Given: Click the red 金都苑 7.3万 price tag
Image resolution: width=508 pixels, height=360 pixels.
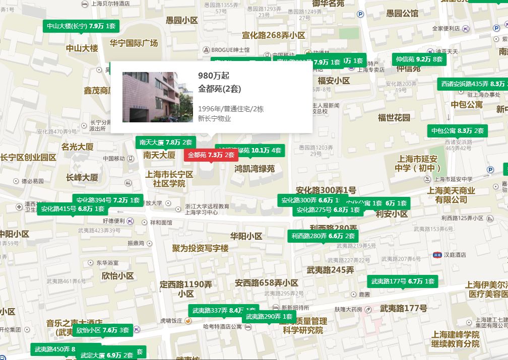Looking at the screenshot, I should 211,155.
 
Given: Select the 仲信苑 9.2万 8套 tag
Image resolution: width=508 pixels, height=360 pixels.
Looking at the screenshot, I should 419,59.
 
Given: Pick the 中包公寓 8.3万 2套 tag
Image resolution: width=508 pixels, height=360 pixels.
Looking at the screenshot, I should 457,131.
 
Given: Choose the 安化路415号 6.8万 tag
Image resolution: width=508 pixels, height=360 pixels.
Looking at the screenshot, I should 73,209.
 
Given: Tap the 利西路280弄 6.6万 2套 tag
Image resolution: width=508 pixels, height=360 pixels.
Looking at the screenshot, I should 323,236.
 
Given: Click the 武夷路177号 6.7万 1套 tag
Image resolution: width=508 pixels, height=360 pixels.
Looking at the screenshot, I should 403,281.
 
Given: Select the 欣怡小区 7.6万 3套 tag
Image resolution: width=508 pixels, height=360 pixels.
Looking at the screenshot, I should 102,330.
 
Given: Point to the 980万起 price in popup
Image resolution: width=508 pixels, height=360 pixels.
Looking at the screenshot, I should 214,76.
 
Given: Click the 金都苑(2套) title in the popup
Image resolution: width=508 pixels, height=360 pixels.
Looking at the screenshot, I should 220,89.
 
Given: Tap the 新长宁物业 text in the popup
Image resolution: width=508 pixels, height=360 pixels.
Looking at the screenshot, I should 214,119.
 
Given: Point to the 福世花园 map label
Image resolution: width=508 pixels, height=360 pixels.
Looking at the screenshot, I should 394,118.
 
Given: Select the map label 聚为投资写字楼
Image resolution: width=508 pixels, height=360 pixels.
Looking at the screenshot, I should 200,248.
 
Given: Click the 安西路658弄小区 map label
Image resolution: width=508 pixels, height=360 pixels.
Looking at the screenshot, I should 266,283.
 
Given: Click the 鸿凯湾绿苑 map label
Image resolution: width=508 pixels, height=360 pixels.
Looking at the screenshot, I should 255,169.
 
